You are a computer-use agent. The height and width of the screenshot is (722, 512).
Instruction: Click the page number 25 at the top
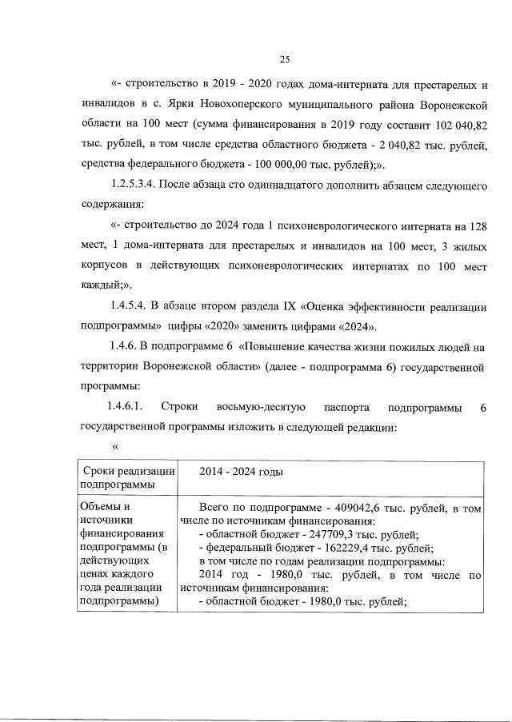(283, 58)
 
